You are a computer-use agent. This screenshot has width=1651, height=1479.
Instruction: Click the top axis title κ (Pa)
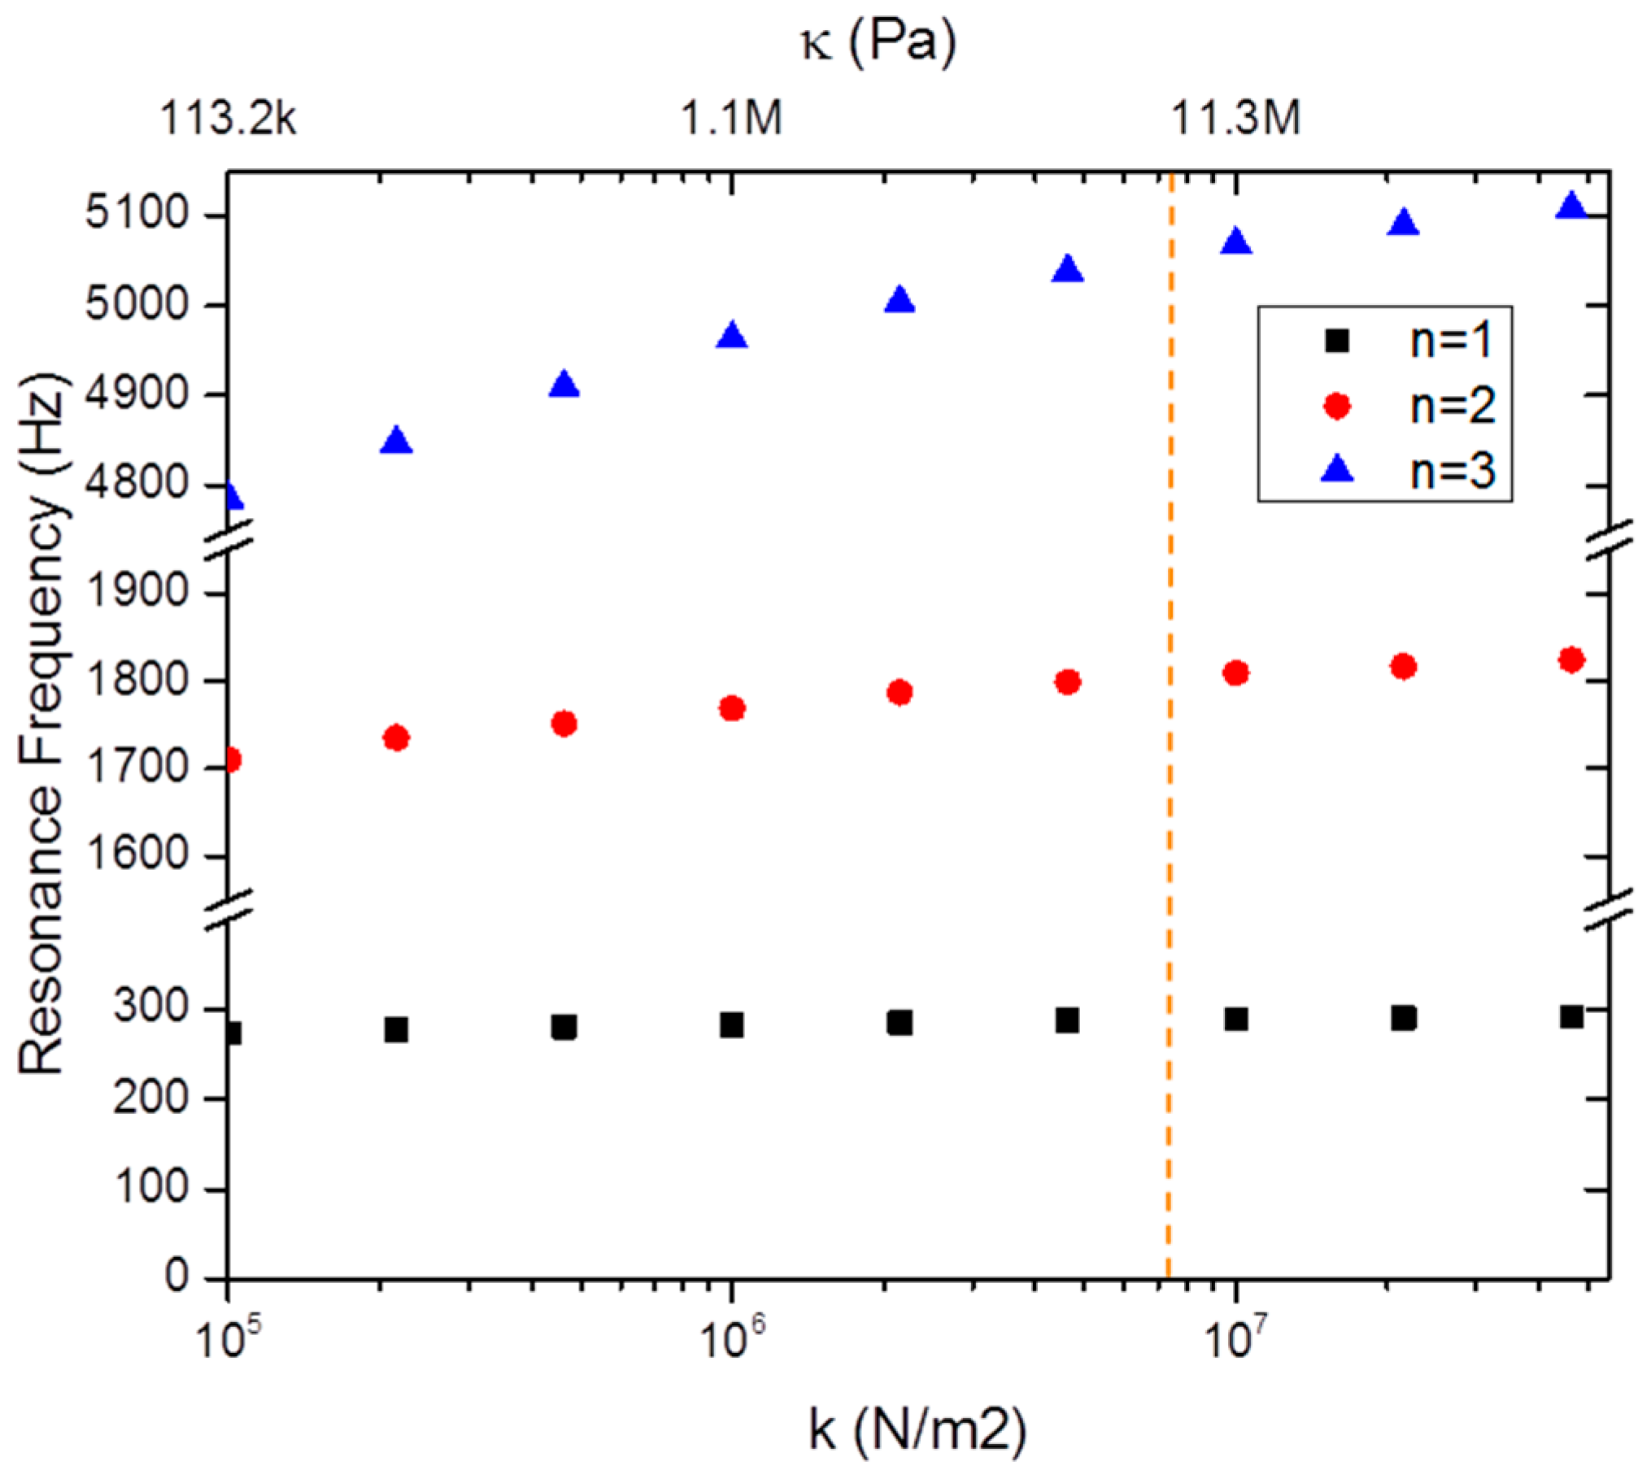878,42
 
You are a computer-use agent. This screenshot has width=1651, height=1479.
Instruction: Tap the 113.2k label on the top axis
229,118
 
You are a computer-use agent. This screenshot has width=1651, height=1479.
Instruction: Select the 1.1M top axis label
731,118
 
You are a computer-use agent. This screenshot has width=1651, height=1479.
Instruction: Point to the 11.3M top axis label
1235,118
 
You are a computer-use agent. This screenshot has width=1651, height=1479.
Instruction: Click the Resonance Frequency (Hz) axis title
42,724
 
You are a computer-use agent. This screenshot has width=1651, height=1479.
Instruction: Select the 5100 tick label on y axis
137,215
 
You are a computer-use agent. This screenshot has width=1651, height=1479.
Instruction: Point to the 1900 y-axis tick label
137,594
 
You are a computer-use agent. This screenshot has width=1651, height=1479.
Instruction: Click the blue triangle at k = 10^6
732,337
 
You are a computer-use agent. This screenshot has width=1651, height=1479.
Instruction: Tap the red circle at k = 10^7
1235,673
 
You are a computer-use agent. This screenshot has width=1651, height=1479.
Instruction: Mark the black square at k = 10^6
732,1025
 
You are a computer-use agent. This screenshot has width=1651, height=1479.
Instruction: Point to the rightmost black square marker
1571,1016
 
